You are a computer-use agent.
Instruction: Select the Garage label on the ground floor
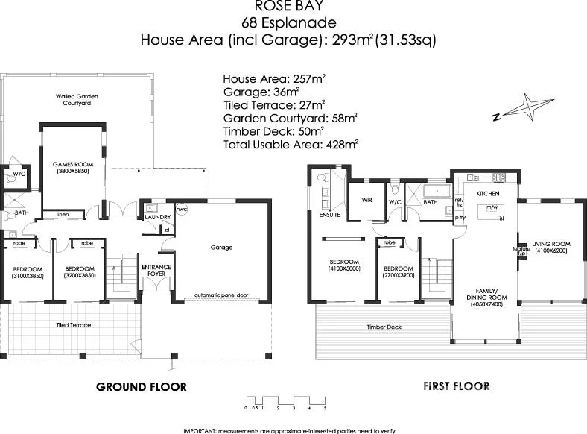click(x=221, y=247)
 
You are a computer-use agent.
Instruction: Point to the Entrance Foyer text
click(x=156, y=270)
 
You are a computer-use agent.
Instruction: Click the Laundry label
click(x=159, y=217)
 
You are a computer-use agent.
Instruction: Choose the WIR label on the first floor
click(x=367, y=200)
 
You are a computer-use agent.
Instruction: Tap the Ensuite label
click(x=329, y=214)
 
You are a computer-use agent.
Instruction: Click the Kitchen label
click(x=487, y=193)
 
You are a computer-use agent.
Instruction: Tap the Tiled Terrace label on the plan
click(x=73, y=325)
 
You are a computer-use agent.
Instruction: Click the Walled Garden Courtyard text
click(x=77, y=100)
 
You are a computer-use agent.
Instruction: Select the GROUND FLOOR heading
click(x=142, y=386)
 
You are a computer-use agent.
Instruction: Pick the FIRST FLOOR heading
click(x=456, y=386)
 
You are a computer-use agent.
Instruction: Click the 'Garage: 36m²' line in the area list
click(x=264, y=91)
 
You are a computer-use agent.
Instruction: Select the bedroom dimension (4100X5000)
click(x=345, y=268)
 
